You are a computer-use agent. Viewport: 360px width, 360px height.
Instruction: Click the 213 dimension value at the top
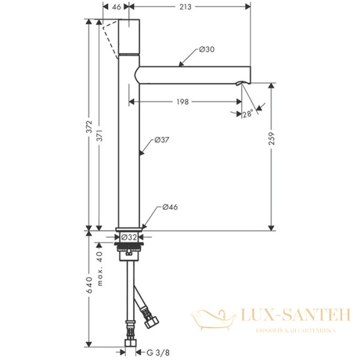[185, 7]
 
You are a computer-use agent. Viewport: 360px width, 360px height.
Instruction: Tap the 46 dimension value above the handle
[116, 7]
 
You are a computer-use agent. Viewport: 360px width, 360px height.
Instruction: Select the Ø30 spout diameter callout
[206, 49]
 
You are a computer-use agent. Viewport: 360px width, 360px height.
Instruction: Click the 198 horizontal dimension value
[182, 102]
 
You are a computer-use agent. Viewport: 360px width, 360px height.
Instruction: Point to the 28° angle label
[247, 113]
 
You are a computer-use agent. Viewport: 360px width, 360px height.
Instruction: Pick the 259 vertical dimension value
[272, 139]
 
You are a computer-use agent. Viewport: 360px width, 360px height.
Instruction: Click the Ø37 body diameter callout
[161, 140]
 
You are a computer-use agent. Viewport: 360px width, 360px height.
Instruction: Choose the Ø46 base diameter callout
[170, 207]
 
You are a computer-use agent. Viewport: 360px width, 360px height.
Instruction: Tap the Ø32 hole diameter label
[129, 237]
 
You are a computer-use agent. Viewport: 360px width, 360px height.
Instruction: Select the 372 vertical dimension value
[89, 127]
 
